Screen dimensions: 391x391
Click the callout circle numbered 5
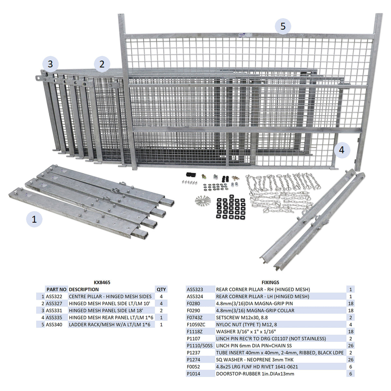click(x=283, y=26)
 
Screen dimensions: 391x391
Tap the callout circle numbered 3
click(x=50, y=64)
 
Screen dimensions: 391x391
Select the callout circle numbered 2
click(x=102, y=64)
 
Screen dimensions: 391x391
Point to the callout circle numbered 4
click(x=341, y=150)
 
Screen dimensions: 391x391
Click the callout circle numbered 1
click(x=34, y=219)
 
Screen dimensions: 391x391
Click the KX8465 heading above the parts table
click(x=102, y=282)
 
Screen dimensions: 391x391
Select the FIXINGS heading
click(x=270, y=282)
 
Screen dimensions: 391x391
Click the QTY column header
click(x=161, y=289)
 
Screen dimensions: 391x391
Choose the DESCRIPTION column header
click(x=84, y=289)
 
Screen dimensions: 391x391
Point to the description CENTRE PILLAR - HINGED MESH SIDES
click(x=110, y=297)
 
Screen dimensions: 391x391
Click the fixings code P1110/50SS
click(x=199, y=346)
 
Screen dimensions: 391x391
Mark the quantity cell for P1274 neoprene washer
click(x=351, y=360)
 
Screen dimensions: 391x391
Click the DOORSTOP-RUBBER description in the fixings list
click(x=255, y=374)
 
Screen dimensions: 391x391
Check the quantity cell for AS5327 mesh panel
click(x=161, y=304)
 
